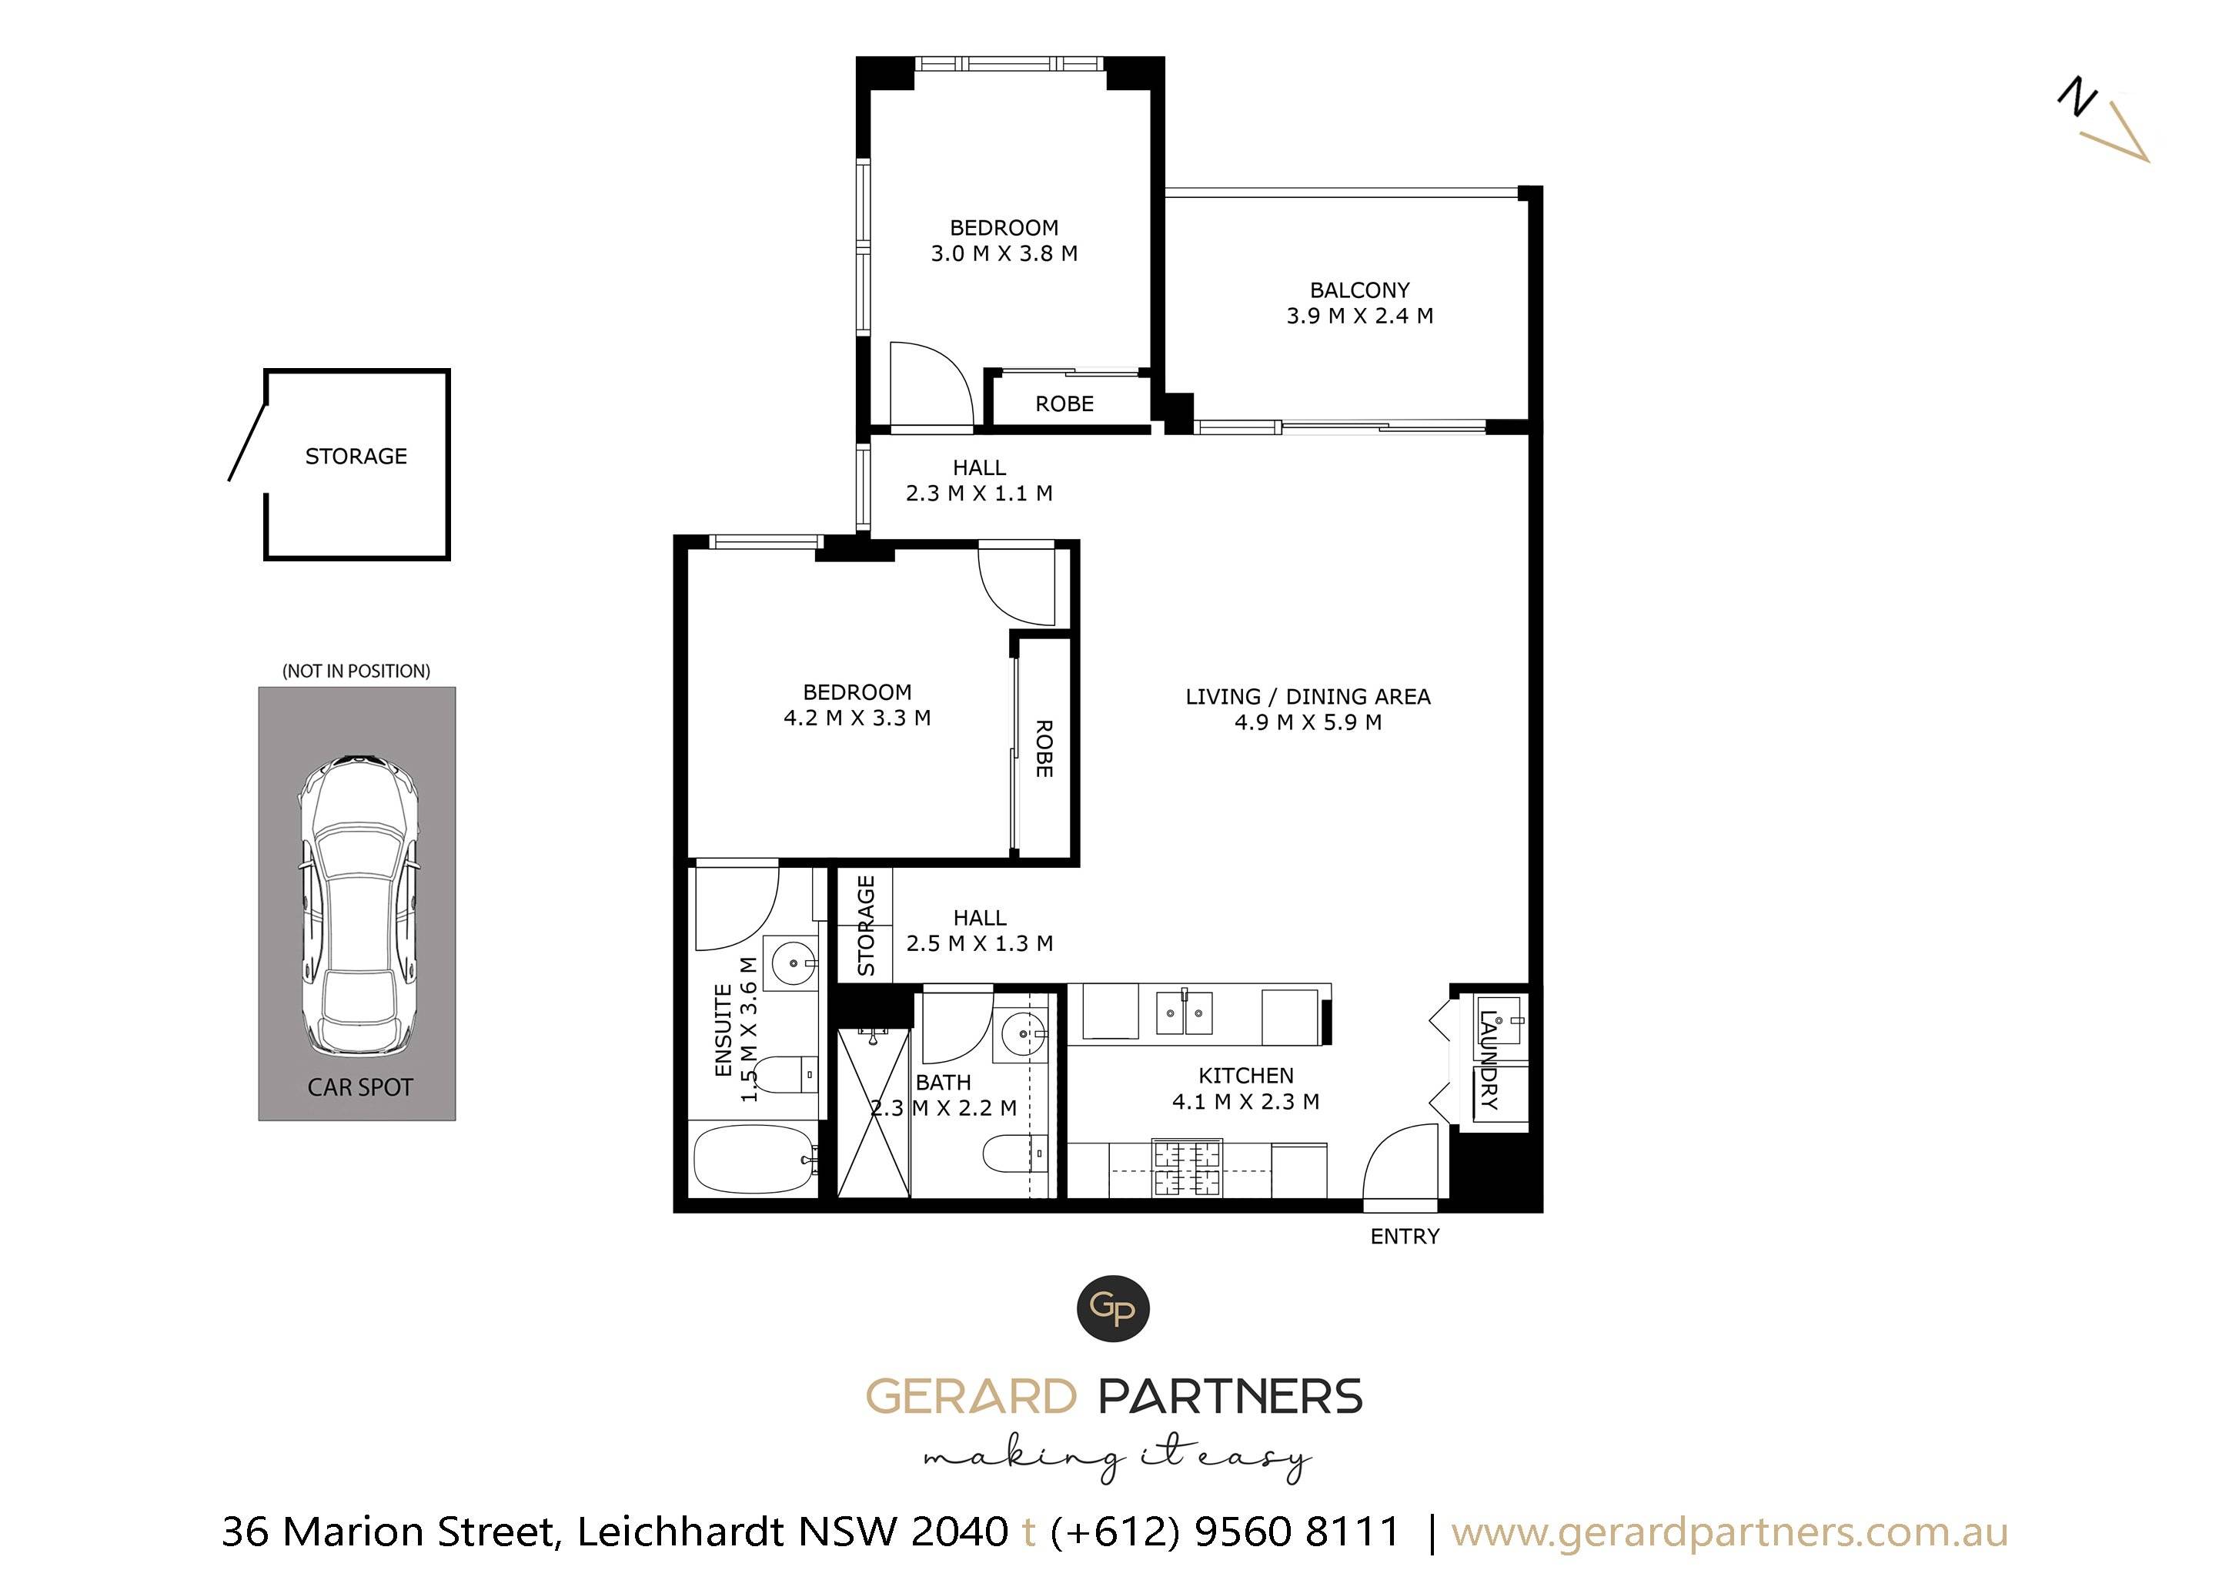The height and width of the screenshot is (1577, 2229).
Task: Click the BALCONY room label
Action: point(1359,290)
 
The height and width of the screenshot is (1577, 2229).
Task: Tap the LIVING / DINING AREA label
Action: point(1308,696)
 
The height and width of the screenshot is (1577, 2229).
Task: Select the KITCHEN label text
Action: point(1245,1076)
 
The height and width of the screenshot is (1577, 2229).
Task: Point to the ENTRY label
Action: point(1405,1236)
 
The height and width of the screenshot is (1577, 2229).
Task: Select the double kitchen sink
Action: point(1184,1015)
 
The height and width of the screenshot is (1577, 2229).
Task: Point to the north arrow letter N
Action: point(2077,97)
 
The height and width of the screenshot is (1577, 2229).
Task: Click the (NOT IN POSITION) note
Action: point(356,671)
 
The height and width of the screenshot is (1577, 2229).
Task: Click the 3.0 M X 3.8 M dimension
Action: point(1004,253)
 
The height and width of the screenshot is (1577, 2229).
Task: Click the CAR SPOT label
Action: point(360,1087)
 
